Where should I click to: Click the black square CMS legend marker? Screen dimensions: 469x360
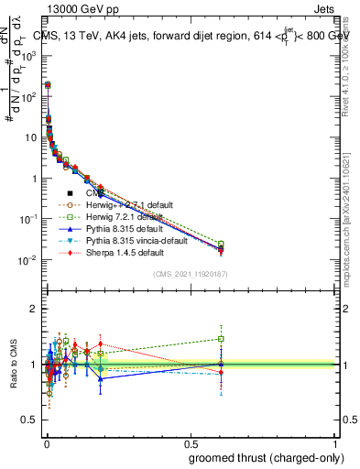pyautogui.click(x=70, y=193)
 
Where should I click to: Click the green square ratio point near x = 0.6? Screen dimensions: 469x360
pyautogui.click(x=220, y=339)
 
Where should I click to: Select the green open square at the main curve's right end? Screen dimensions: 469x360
pyautogui.click(x=220, y=244)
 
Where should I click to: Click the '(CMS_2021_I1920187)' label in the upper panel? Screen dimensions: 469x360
pyautogui.click(x=190, y=274)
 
